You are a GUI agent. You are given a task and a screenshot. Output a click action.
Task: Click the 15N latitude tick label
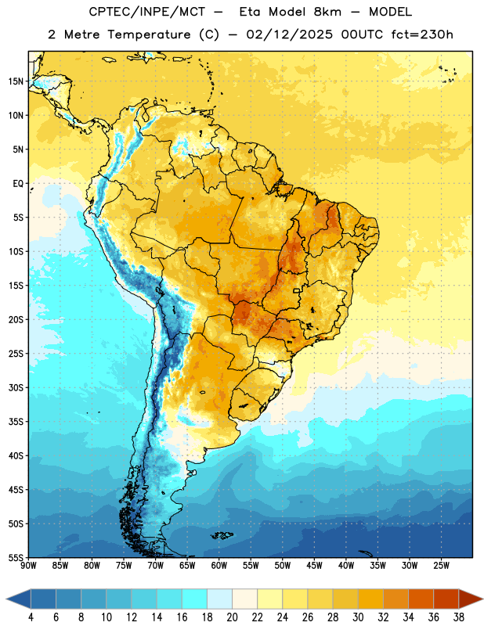tap(16, 81)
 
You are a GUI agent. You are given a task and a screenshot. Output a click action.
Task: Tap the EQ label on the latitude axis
tap(18, 184)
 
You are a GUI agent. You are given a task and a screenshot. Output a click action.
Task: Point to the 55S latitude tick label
tap(16, 558)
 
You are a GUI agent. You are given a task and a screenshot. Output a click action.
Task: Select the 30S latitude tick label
tap(16, 387)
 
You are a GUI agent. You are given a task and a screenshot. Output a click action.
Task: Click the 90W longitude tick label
tap(28, 566)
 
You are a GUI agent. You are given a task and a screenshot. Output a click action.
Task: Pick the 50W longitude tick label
tap(283, 566)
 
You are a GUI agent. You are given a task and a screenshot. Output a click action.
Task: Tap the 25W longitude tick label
tap(441, 566)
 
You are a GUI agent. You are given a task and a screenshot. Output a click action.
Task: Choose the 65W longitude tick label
tap(187, 566)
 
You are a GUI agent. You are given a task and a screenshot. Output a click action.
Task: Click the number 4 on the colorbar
tap(31, 617)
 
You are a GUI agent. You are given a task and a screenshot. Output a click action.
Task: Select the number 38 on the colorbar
tap(459, 617)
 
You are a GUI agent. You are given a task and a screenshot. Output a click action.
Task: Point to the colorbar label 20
tap(232, 617)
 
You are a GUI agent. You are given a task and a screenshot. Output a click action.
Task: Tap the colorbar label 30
tap(358, 617)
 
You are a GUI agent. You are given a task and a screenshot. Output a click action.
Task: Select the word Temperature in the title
tap(149, 34)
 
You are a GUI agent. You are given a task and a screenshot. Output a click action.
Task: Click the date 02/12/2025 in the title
tap(289, 34)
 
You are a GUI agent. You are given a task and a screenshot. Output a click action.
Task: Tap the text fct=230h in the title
tap(422, 34)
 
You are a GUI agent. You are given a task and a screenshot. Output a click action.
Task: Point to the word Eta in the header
tap(250, 12)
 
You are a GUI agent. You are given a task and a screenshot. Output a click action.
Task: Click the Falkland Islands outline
tap(222, 535)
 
